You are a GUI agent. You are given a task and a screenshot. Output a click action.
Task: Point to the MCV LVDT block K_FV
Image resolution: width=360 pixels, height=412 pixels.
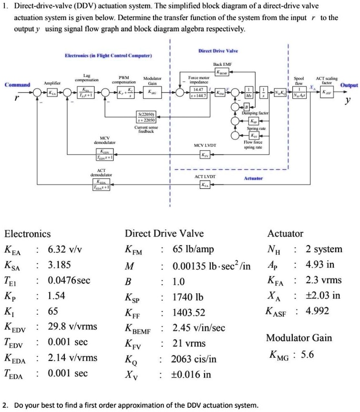point(205,154)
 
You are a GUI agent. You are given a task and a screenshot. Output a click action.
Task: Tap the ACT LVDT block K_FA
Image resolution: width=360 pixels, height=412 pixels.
point(205,185)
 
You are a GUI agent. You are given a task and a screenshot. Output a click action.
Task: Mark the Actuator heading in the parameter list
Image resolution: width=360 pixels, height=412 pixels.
point(285,234)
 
